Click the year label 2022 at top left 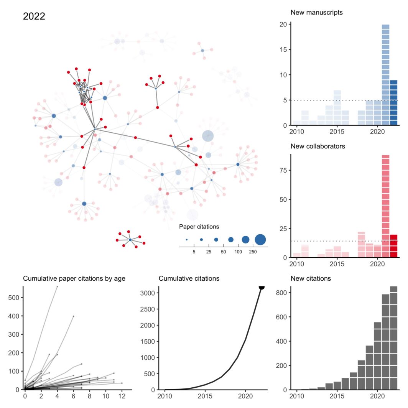pos(34,16)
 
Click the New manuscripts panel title pos(316,13)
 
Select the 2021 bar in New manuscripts pos(385,75)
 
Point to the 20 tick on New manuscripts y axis pos(284,25)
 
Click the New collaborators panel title pos(318,146)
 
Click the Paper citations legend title pos(199,227)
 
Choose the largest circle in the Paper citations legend pos(260,240)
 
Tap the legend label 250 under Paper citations pos(253,252)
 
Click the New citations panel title pos(311,279)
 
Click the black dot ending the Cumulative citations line pos(262,287)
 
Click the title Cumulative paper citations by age pos(74,279)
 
